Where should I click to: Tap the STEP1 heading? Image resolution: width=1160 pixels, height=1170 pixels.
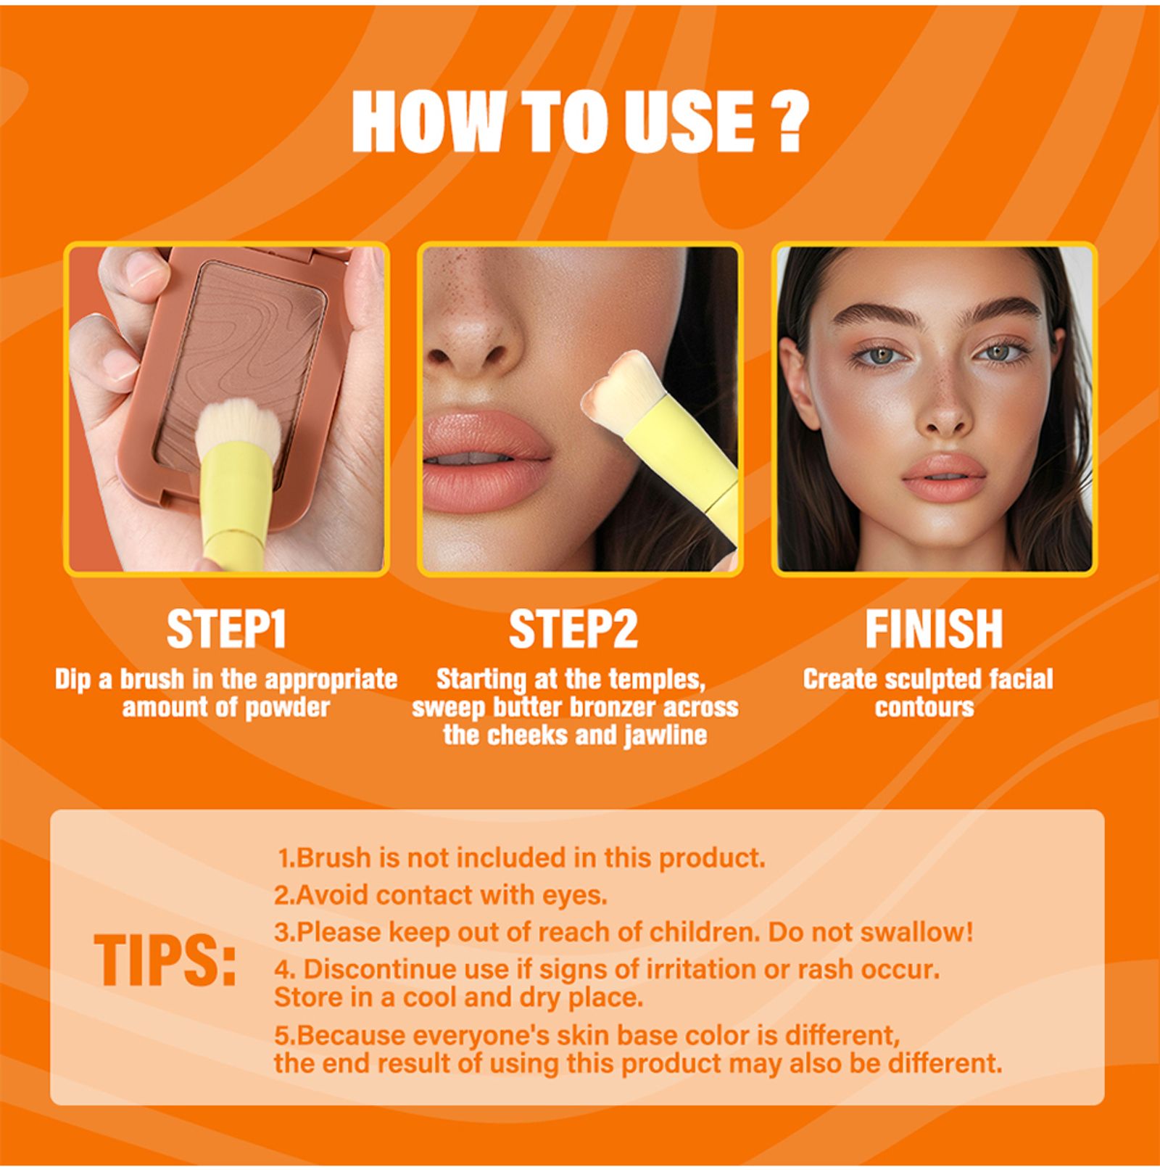(x=226, y=629)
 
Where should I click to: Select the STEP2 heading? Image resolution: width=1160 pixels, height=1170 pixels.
(x=573, y=629)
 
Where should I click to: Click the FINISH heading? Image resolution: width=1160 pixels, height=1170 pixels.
(x=934, y=629)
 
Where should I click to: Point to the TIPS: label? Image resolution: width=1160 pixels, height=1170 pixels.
(x=165, y=960)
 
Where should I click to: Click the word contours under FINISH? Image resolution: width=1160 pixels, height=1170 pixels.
(x=924, y=707)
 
